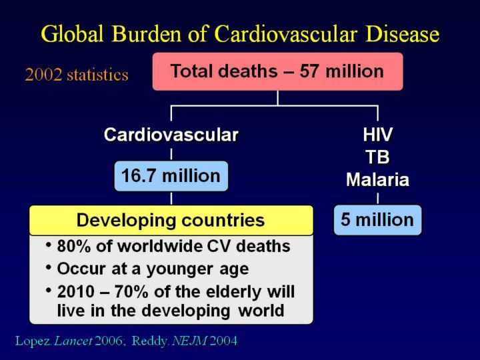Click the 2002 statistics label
(x=77, y=75)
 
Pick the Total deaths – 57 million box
(x=277, y=71)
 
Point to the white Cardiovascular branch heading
(x=171, y=135)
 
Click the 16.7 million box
(x=171, y=176)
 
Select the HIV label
(x=377, y=135)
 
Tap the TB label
(x=377, y=157)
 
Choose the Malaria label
(x=377, y=179)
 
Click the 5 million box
(x=377, y=220)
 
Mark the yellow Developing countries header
(x=171, y=220)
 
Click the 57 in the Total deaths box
(x=309, y=71)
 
